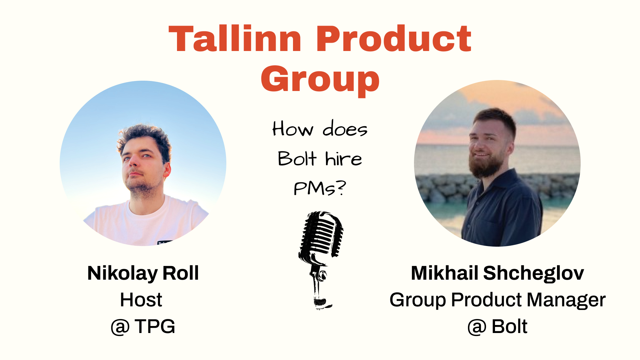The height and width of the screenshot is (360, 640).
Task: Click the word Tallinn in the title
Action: pos(235,39)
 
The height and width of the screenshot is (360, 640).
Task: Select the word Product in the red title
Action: pos(393,39)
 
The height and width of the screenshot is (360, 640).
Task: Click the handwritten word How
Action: pos(293,129)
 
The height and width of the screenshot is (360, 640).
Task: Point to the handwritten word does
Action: pos(345,129)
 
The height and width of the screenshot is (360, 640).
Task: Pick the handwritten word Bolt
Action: pos(297,159)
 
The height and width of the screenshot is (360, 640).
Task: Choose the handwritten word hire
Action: pos(343,159)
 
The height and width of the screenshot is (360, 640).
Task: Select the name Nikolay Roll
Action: pos(143,273)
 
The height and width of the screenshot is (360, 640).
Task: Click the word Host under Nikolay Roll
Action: pos(141,300)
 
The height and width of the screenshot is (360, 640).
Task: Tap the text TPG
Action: pos(155,326)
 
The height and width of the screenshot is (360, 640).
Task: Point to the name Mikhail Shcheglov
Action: pos(497,273)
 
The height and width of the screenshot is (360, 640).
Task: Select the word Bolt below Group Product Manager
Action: pos(509,326)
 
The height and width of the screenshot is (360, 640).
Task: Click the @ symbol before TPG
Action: pos(120,327)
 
